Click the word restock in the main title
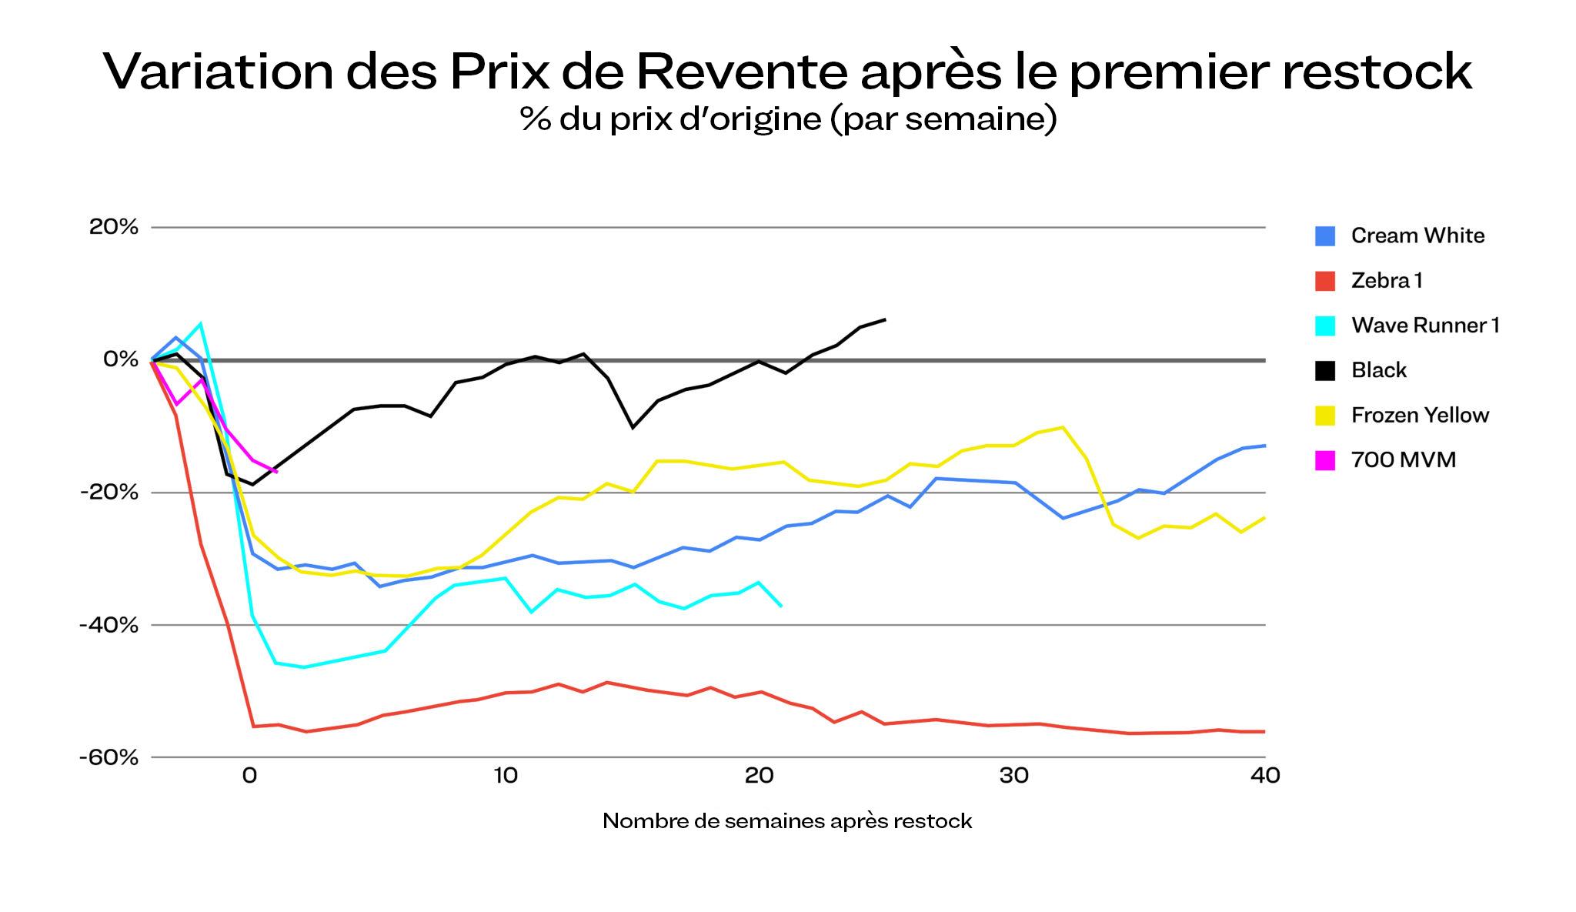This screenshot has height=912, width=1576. pos(1376,71)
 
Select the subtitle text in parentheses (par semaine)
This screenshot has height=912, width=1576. pos(943,119)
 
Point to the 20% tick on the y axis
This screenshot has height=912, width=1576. pos(114,227)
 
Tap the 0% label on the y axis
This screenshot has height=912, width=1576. pos(121,359)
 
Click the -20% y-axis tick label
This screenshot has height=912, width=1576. pos(109,492)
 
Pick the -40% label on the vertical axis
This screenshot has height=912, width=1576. pos(109,624)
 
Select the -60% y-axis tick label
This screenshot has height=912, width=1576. pos(109,757)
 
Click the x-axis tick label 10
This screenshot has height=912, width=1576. pos(505,775)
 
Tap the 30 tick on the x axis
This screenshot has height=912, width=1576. pos(1014,775)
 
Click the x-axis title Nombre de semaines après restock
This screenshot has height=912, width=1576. pos(787,821)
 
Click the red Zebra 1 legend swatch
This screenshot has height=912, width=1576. pos(1325,281)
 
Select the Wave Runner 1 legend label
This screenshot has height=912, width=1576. pos(1425,326)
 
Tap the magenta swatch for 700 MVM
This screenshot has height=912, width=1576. pos(1325,460)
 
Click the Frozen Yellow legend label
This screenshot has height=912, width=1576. pos(1420,416)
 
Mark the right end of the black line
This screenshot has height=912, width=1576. pos(885,319)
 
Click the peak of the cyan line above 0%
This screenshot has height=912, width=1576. pos(201,324)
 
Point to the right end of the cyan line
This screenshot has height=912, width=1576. pos(782,606)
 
